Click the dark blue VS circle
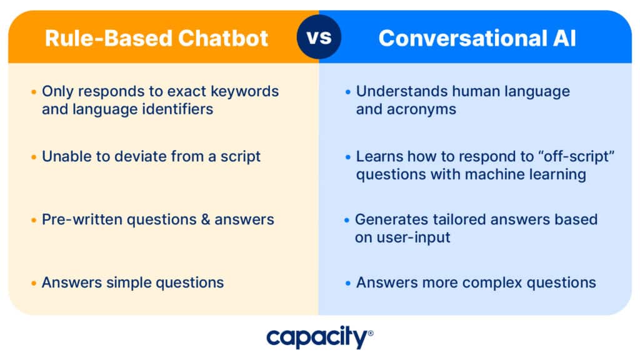click(319, 37)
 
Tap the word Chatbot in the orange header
click(223, 38)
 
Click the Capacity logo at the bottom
click(319, 337)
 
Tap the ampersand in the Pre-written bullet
click(205, 219)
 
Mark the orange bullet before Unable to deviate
click(34, 157)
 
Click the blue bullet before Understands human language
click(347, 92)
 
